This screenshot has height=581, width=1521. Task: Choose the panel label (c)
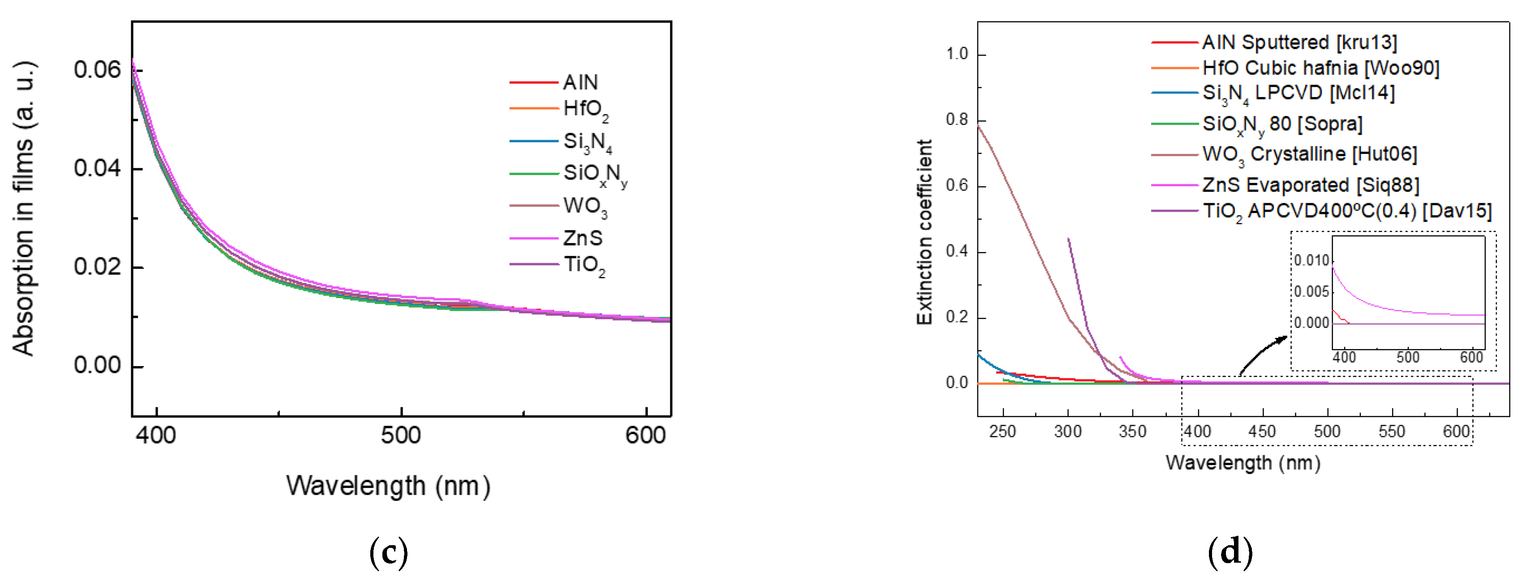tap(389, 552)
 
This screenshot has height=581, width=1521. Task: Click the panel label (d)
tap(1230, 552)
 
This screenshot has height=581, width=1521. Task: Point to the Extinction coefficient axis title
tap(924, 232)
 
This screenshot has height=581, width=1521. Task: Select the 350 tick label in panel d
tap(1132, 431)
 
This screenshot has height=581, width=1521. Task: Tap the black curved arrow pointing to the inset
tap(1262, 354)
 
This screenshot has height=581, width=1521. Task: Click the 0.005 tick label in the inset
tap(1311, 292)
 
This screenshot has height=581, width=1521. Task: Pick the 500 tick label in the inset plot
tap(1408, 357)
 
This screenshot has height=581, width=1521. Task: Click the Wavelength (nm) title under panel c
tap(388, 487)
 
